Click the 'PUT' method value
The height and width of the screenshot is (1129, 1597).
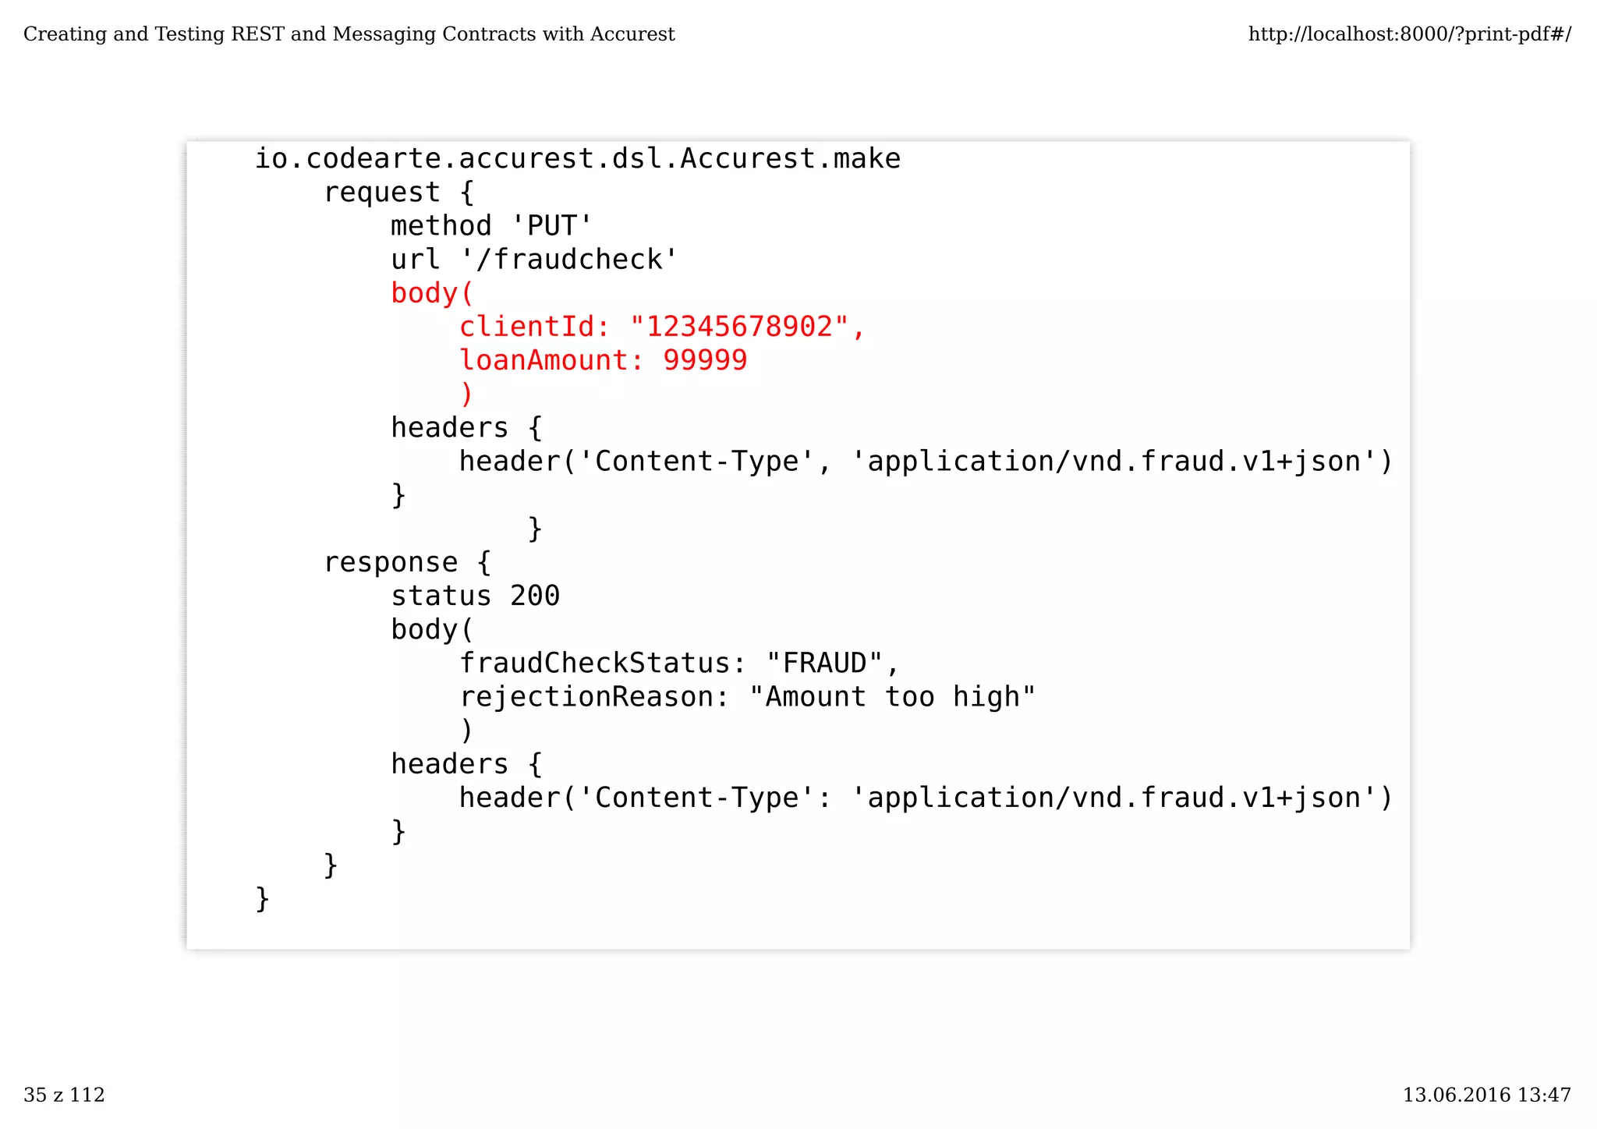pos(552,226)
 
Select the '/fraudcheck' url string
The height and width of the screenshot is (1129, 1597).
pos(569,260)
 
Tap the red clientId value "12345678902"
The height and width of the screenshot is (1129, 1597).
pos(738,327)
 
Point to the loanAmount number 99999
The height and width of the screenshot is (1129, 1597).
pos(705,360)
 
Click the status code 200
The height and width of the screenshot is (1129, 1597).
pos(535,596)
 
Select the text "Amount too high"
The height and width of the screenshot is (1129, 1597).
pos(892,696)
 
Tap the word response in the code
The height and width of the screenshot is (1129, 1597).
pos(391,562)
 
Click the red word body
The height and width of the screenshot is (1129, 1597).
pos(424,293)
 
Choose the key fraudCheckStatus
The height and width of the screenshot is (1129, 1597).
pos(594,663)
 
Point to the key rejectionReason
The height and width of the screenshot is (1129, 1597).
pos(586,696)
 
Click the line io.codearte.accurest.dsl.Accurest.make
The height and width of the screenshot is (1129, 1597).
pos(578,159)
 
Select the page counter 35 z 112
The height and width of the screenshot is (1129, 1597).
pos(64,1095)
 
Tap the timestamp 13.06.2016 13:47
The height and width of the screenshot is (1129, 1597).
pos(1486,1095)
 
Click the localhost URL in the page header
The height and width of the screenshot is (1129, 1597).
pos(1409,34)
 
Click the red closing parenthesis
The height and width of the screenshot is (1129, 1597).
pos(466,395)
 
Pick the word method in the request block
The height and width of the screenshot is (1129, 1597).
pos(441,226)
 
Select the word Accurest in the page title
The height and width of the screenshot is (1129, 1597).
pos(632,34)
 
